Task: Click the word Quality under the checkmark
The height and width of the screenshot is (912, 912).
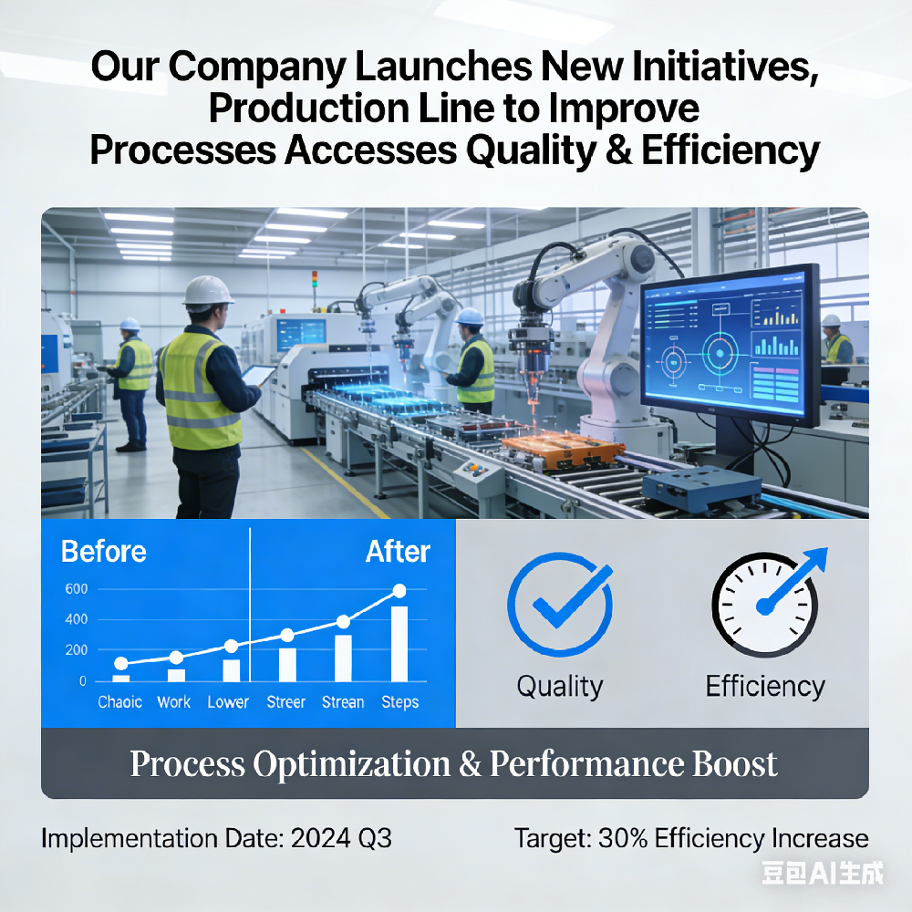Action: point(559,686)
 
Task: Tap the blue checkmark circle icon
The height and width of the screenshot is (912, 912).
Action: point(558,606)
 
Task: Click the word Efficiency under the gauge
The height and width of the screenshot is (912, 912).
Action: point(764,686)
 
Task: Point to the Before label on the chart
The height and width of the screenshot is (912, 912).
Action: point(103,552)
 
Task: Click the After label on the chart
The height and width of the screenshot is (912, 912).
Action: point(398,552)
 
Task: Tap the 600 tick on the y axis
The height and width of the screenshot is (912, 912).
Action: point(77,589)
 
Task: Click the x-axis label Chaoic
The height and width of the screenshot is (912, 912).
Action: point(120,702)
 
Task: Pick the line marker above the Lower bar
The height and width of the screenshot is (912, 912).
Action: point(231,647)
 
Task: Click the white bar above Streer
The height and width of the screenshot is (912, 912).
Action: point(287,665)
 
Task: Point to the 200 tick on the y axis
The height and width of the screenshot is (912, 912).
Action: point(77,650)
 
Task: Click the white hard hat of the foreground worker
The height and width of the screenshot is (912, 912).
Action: point(209,291)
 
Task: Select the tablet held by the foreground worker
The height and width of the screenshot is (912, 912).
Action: point(259,374)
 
